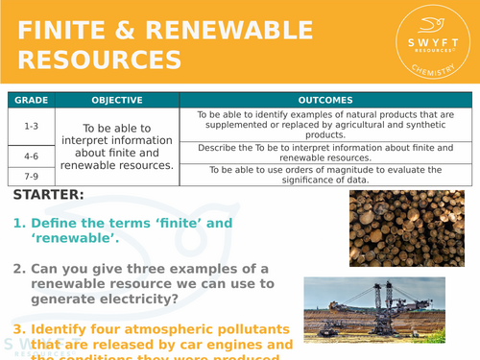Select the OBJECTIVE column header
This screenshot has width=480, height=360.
(117, 100)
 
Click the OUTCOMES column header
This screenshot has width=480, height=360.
(325, 100)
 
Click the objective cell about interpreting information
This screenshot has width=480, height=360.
(117, 146)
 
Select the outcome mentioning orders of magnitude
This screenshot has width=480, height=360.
(325, 174)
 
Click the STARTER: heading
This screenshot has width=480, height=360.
(48, 196)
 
